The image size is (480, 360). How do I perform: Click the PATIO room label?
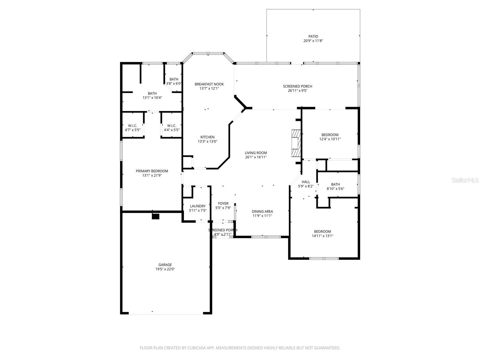tap(313, 36)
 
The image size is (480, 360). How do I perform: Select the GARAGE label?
tap(165, 265)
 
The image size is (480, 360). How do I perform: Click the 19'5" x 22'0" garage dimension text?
tap(165, 269)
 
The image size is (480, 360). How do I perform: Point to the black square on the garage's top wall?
tap(155, 216)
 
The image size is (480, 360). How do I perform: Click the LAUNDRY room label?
tap(198, 206)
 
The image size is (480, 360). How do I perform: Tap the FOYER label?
tap(223, 203)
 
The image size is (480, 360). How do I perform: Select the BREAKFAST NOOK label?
tap(209, 84)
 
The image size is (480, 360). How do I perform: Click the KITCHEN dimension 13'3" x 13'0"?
tap(207, 142)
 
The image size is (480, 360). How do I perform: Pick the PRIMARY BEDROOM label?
tap(152, 171)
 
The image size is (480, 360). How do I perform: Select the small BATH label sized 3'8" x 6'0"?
tap(174, 79)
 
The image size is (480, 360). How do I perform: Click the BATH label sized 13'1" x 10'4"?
tap(152, 93)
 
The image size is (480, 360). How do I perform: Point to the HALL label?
tap(306, 182)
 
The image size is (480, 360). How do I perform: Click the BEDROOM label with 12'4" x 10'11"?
tap(330, 135)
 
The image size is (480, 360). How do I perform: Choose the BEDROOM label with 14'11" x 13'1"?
tap(322, 231)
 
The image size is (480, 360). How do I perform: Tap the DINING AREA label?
tap(262, 211)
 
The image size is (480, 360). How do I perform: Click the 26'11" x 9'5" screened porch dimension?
tap(297, 91)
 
